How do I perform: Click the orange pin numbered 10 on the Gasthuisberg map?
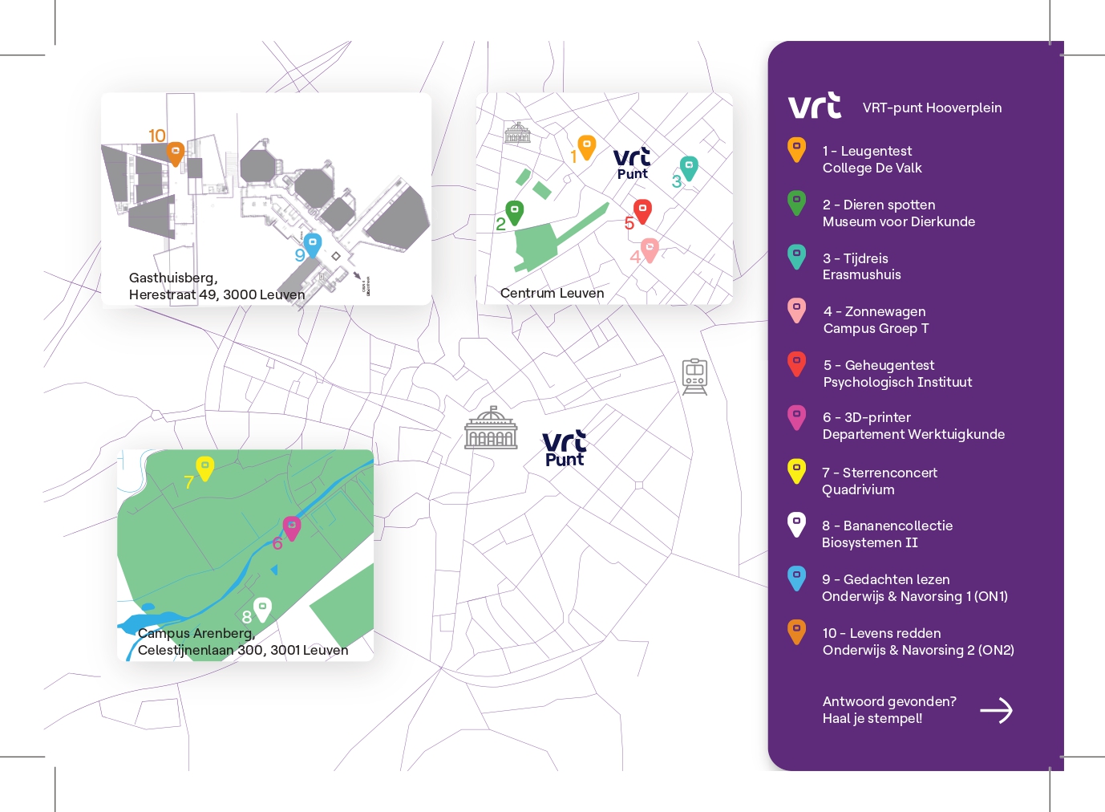(175, 153)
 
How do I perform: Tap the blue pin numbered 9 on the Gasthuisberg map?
(313, 246)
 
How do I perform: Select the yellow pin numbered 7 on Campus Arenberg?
(204, 469)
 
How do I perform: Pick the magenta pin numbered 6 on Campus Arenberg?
(292, 528)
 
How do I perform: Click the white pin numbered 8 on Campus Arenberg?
(262, 610)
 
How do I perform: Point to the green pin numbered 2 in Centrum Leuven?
(515, 213)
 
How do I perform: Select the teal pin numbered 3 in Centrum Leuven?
(689, 168)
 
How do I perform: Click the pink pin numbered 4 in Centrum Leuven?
(650, 250)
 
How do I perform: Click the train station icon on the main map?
(694, 376)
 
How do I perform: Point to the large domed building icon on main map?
(491, 428)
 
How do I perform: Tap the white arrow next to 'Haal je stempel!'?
(996, 710)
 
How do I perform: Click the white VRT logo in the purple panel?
(815, 105)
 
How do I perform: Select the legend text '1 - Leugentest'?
(867, 151)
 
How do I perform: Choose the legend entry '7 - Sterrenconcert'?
(880, 473)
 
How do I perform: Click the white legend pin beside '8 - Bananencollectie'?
(797, 525)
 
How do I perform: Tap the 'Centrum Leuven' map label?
(552, 293)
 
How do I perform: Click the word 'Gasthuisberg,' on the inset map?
(173, 278)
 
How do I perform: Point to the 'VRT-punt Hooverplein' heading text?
(933, 108)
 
